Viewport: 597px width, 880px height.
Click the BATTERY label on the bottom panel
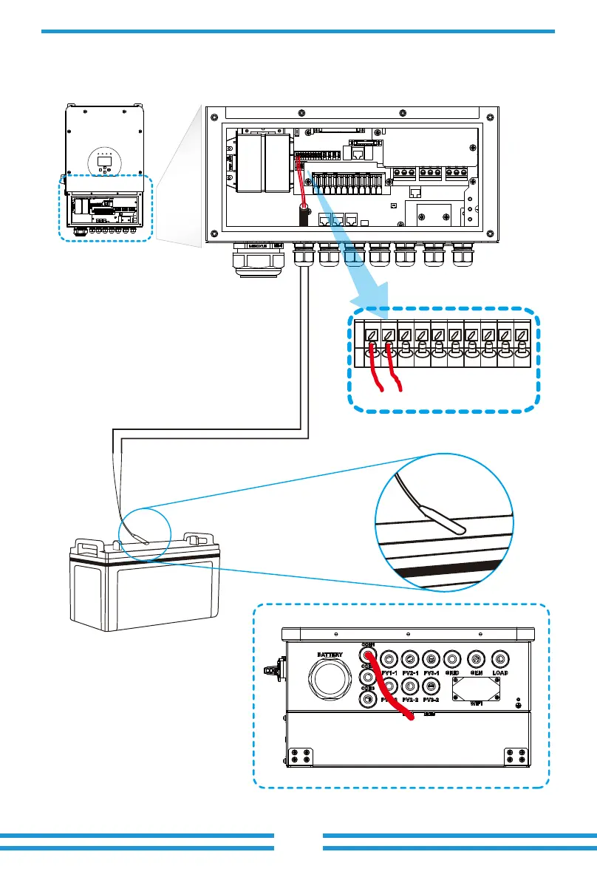330,655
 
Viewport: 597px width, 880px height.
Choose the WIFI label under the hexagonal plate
477,703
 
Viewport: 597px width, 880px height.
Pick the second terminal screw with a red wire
388,335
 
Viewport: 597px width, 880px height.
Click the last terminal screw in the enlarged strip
522,335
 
